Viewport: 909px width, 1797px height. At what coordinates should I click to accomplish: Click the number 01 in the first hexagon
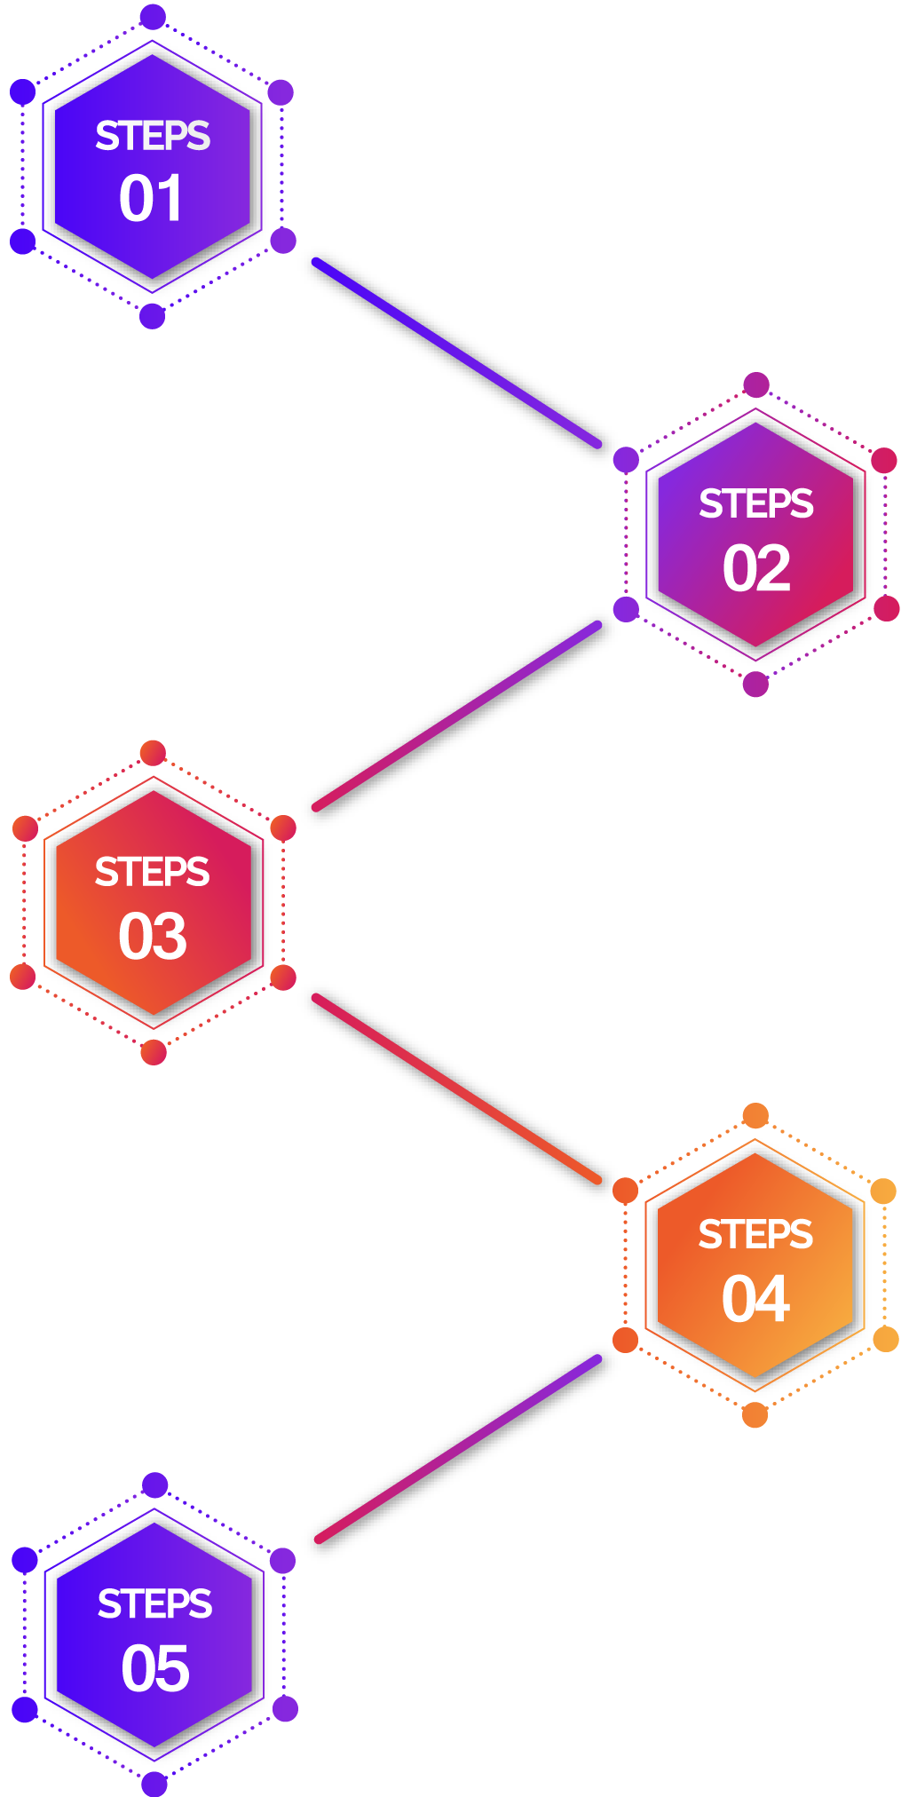(152, 198)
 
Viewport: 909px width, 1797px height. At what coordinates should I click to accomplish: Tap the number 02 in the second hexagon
(756, 568)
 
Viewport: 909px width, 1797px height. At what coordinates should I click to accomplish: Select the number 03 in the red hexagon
(153, 936)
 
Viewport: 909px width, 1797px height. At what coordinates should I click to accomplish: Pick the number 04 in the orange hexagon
(755, 1299)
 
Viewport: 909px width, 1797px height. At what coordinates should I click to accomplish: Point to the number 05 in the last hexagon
(155, 1668)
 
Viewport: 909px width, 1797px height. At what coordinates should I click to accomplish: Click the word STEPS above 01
(153, 136)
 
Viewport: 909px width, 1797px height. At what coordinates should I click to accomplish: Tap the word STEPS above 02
(756, 504)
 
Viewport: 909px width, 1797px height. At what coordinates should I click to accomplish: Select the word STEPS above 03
(153, 872)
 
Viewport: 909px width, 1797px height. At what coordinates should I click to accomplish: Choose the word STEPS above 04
(755, 1234)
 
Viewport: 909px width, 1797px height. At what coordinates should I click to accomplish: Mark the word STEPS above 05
(155, 1604)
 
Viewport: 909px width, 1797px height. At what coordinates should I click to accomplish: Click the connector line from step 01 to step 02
(456, 352)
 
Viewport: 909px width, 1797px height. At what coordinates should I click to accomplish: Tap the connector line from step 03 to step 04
(456, 1089)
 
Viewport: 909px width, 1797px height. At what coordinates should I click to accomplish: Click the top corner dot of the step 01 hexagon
(153, 16)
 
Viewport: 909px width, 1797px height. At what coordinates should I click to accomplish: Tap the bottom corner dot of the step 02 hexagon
(755, 685)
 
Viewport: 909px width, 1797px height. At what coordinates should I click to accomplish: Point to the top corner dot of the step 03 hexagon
(154, 752)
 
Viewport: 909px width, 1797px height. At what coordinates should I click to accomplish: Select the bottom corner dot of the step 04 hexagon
(755, 1414)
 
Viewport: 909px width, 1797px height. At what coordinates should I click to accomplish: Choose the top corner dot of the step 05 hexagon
(155, 1484)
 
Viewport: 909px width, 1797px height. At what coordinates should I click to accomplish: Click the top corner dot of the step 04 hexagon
(755, 1115)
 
